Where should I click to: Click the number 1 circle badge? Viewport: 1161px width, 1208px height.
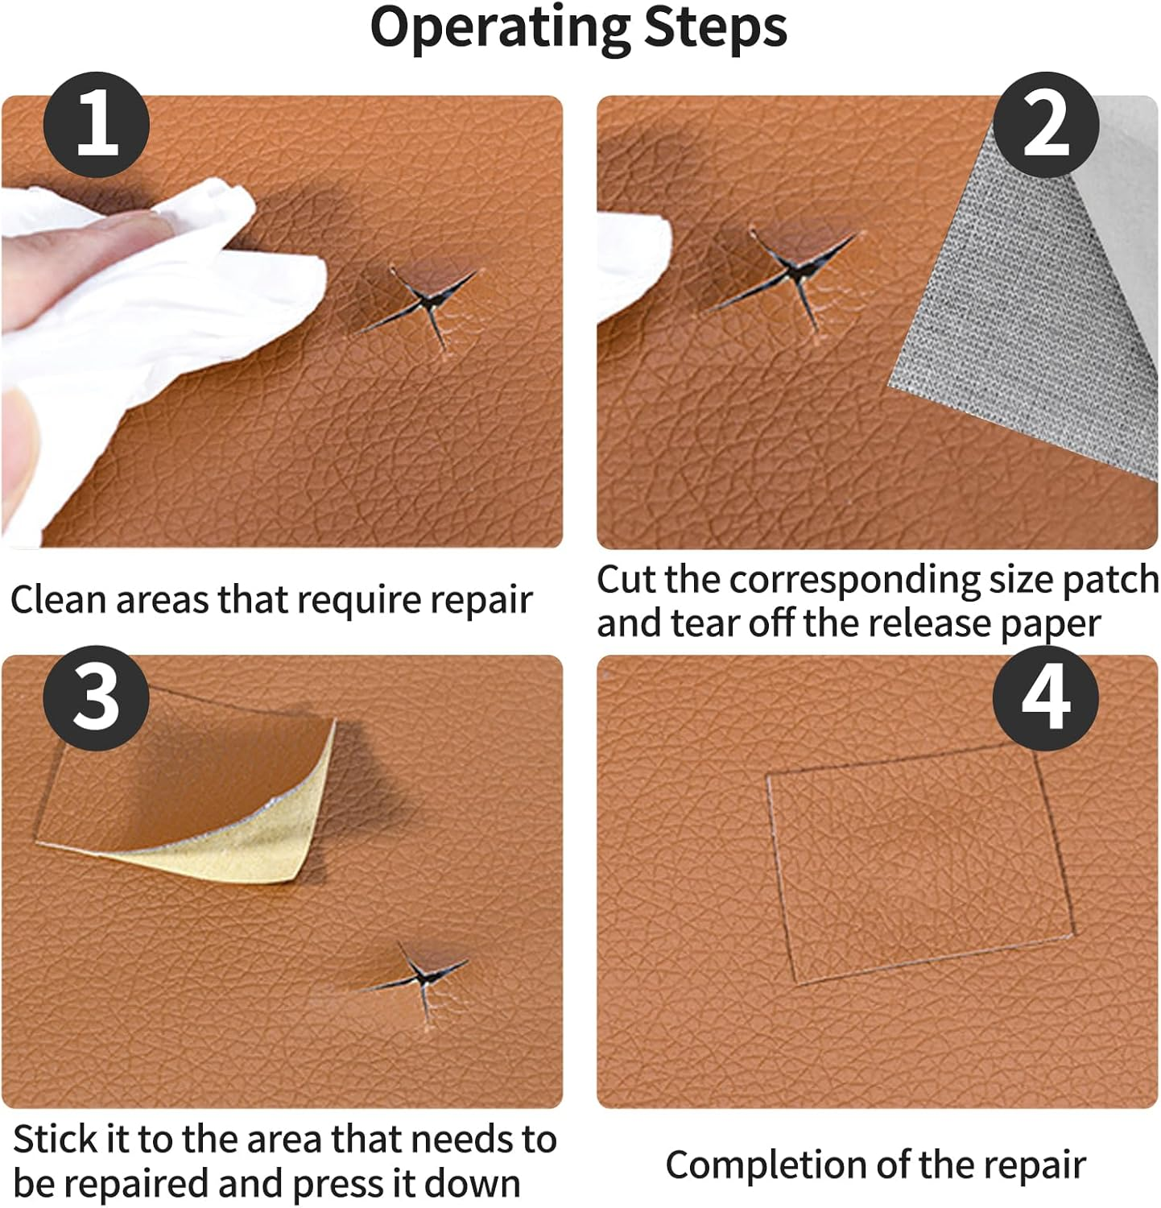coord(97,125)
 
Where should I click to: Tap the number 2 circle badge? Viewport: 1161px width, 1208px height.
coord(1045,125)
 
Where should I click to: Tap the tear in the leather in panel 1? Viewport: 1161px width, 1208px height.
coord(427,306)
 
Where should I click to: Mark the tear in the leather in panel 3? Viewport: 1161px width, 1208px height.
coord(419,978)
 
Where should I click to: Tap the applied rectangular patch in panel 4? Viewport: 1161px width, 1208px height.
coord(918,862)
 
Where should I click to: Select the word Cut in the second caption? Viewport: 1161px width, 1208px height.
coord(626,580)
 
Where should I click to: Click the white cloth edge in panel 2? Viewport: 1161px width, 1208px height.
coord(636,258)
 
